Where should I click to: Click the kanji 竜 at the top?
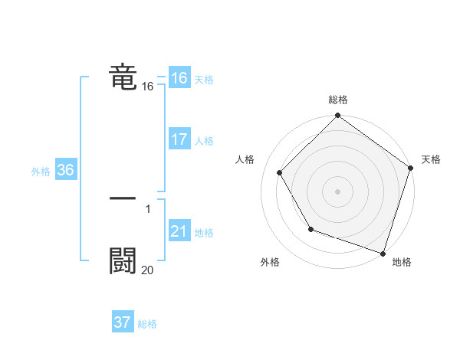(123, 77)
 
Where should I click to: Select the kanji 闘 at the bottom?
(123, 260)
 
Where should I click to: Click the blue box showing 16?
(179, 78)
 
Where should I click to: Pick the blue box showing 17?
(179, 139)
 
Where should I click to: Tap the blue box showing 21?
(179, 231)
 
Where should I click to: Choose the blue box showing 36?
(65, 170)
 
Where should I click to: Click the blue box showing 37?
(122, 322)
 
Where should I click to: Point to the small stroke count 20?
(147, 270)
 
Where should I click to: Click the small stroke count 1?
(147, 208)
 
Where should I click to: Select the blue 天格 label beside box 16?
(204, 80)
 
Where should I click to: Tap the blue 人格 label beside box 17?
(204, 141)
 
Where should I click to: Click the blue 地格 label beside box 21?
(204, 233)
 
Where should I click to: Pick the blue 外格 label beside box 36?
(41, 172)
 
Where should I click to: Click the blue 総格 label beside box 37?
(147, 324)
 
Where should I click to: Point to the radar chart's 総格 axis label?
(338, 100)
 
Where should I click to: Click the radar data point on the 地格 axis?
(383, 252)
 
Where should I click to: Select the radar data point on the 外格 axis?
(310, 229)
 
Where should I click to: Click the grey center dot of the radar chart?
(338, 191)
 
